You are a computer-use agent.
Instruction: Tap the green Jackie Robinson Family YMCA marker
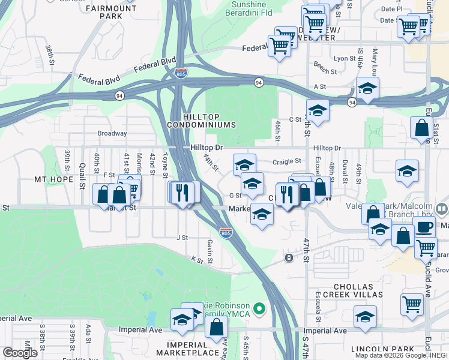(259, 309)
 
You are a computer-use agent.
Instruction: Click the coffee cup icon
(424, 227)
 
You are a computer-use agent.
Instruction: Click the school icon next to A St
(367, 88)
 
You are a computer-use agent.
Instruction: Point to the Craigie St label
(286, 161)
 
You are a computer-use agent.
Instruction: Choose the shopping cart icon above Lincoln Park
(412, 304)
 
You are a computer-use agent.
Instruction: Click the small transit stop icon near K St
(289, 258)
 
